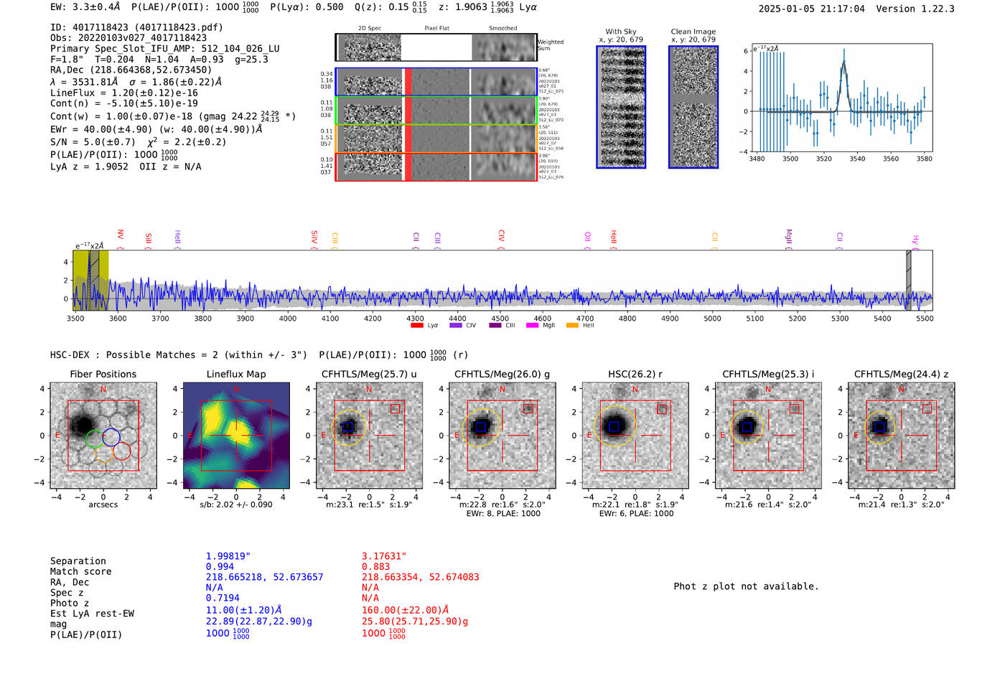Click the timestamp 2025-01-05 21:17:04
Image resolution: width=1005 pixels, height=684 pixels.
[811, 9]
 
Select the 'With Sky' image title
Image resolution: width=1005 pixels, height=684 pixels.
[621, 32]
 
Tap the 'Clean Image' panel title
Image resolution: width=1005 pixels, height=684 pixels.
[693, 32]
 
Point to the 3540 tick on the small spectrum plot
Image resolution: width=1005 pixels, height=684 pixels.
[857, 159]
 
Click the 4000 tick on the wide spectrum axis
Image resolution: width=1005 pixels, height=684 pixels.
[288, 318]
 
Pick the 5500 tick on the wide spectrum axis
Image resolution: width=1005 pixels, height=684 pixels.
[925, 318]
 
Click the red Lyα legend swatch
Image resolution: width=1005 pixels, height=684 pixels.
[417, 325]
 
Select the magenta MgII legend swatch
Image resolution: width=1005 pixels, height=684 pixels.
[532, 325]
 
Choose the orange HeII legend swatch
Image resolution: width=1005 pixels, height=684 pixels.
[572, 325]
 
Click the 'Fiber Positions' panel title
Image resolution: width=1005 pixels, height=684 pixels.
[103, 374]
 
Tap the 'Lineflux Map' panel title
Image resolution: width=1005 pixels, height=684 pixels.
[236, 374]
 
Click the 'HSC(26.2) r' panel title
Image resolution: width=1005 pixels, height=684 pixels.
[635, 374]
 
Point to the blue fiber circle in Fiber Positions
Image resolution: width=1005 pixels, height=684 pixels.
[111, 436]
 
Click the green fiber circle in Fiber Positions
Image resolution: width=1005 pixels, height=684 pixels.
[94, 438]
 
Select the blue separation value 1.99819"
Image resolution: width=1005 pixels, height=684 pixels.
[228, 556]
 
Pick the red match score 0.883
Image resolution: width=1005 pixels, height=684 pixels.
[375, 566]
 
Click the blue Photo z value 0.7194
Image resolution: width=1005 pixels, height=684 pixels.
[223, 598]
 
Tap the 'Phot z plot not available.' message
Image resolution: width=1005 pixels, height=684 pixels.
[746, 586]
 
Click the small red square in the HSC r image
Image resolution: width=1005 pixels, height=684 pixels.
[662, 409]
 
